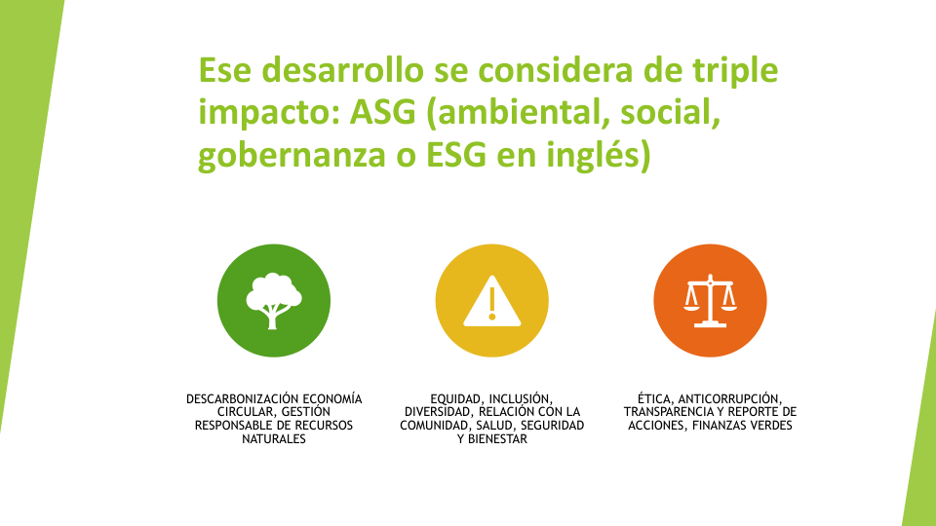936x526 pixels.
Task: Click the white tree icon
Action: click(x=273, y=301)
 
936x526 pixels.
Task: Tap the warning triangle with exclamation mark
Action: click(x=491, y=301)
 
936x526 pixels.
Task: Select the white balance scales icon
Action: click(x=710, y=301)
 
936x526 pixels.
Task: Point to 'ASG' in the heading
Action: click(x=382, y=112)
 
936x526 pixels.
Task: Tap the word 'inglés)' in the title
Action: click(x=603, y=156)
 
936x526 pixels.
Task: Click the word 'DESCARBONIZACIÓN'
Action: click(x=241, y=398)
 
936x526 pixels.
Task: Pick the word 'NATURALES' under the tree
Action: click(x=273, y=439)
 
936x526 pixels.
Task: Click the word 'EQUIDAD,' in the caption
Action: click(x=456, y=399)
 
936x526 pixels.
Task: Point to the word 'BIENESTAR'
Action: click(x=497, y=439)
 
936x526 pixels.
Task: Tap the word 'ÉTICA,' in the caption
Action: click(x=655, y=398)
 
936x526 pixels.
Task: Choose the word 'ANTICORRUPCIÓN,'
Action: click(x=730, y=399)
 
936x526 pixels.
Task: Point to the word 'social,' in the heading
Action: click(x=671, y=113)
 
